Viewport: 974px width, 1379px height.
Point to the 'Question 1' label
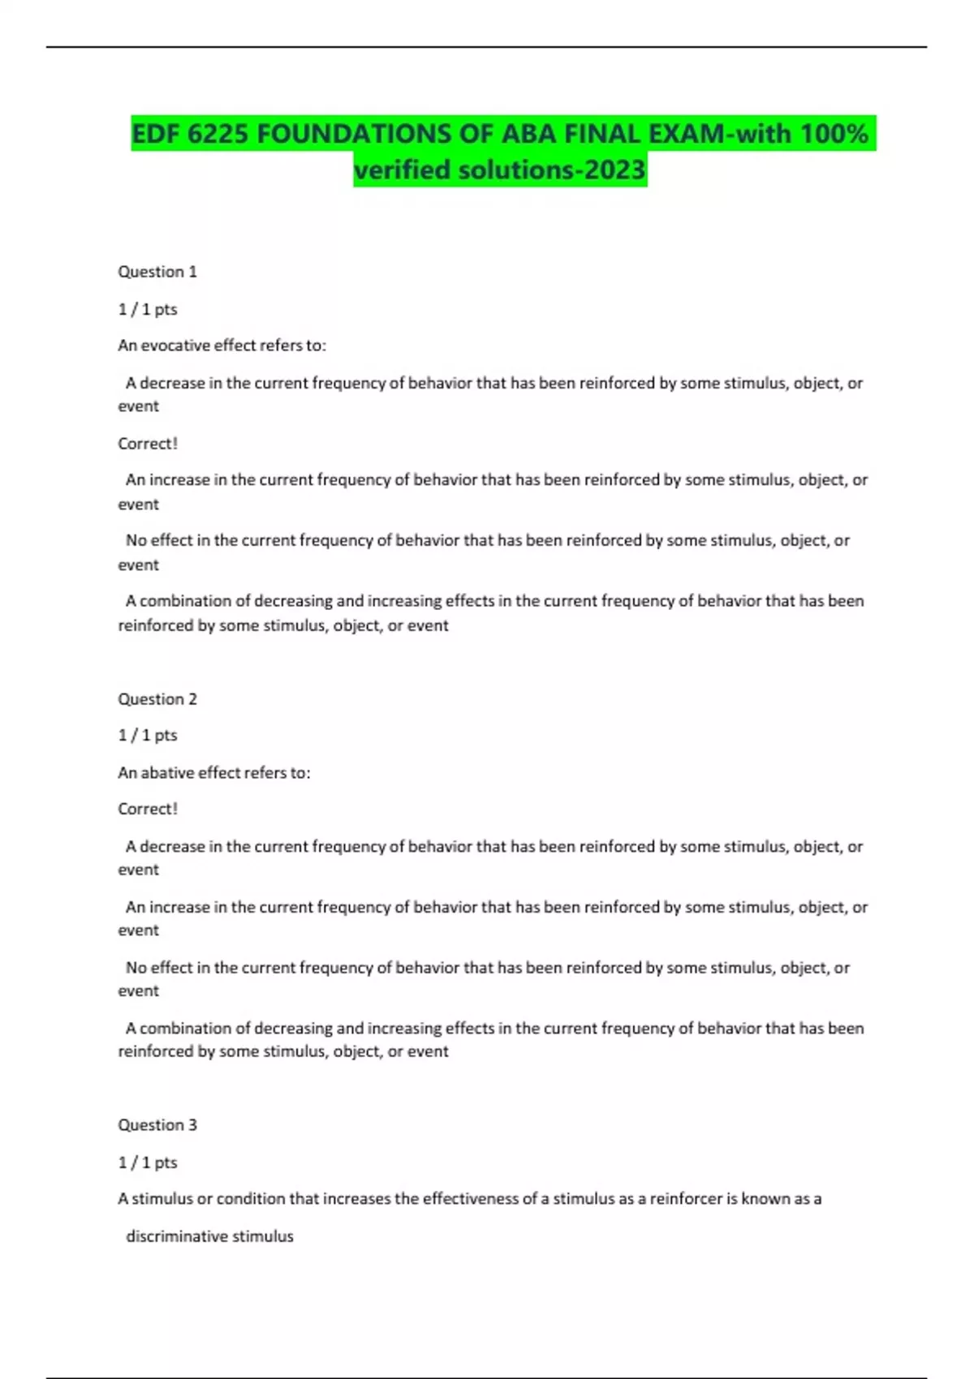pos(157,272)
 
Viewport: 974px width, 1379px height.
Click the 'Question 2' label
pos(157,699)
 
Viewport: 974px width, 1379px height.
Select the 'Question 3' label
pos(157,1125)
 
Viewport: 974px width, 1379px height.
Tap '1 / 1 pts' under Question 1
pos(148,309)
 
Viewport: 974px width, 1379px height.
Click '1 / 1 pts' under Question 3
pos(148,1162)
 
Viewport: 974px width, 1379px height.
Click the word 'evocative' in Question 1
pos(176,346)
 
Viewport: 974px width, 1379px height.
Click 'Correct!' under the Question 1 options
pos(148,444)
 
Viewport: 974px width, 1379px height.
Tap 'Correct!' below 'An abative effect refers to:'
pos(148,809)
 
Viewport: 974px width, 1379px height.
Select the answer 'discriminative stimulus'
pos(209,1236)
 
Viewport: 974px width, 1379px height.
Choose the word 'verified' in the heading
pos(403,170)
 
